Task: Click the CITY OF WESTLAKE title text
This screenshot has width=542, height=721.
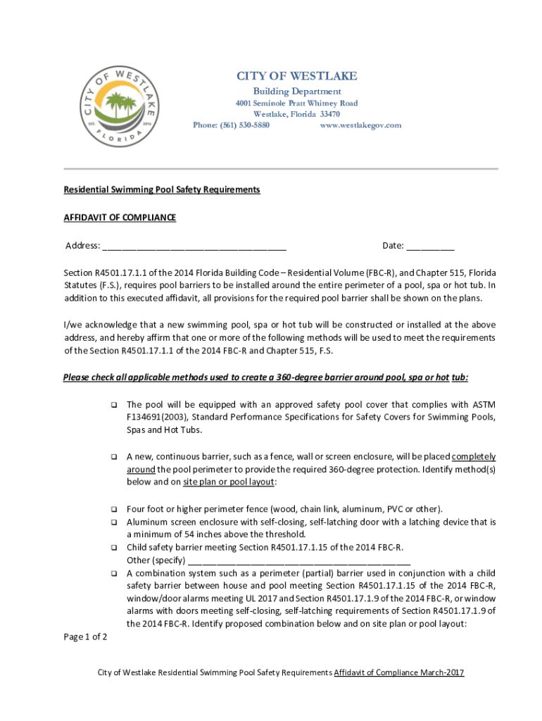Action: pos(296,76)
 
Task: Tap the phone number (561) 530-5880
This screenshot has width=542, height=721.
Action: pos(231,125)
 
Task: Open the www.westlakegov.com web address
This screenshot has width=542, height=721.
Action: pos(360,125)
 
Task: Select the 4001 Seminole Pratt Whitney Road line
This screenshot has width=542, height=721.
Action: pos(296,104)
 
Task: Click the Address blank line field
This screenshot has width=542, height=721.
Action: pos(194,246)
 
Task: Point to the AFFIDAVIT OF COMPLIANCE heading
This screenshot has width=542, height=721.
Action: pos(120,218)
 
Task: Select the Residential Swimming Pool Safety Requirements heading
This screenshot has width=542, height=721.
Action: pos(162,190)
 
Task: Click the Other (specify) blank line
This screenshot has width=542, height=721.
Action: pos(299,561)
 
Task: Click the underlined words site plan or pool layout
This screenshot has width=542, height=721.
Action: pos(229,482)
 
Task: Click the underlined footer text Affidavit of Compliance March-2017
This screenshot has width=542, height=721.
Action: pos(398,672)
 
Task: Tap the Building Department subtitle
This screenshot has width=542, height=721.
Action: pos(296,92)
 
